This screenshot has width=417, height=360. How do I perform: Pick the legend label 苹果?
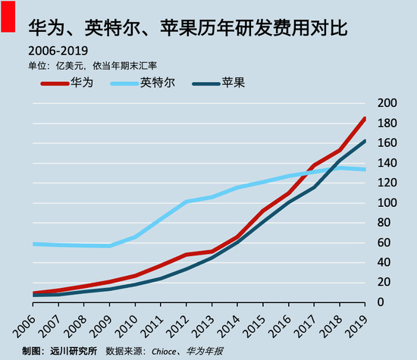[232, 83]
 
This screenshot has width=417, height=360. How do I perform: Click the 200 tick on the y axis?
[387, 103]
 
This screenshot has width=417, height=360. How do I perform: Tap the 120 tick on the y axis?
[387, 183]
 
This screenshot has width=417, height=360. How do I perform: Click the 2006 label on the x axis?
[23, 322]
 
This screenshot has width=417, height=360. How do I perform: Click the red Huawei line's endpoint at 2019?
[365, 118]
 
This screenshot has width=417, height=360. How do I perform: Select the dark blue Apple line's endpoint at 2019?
[365, 140]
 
